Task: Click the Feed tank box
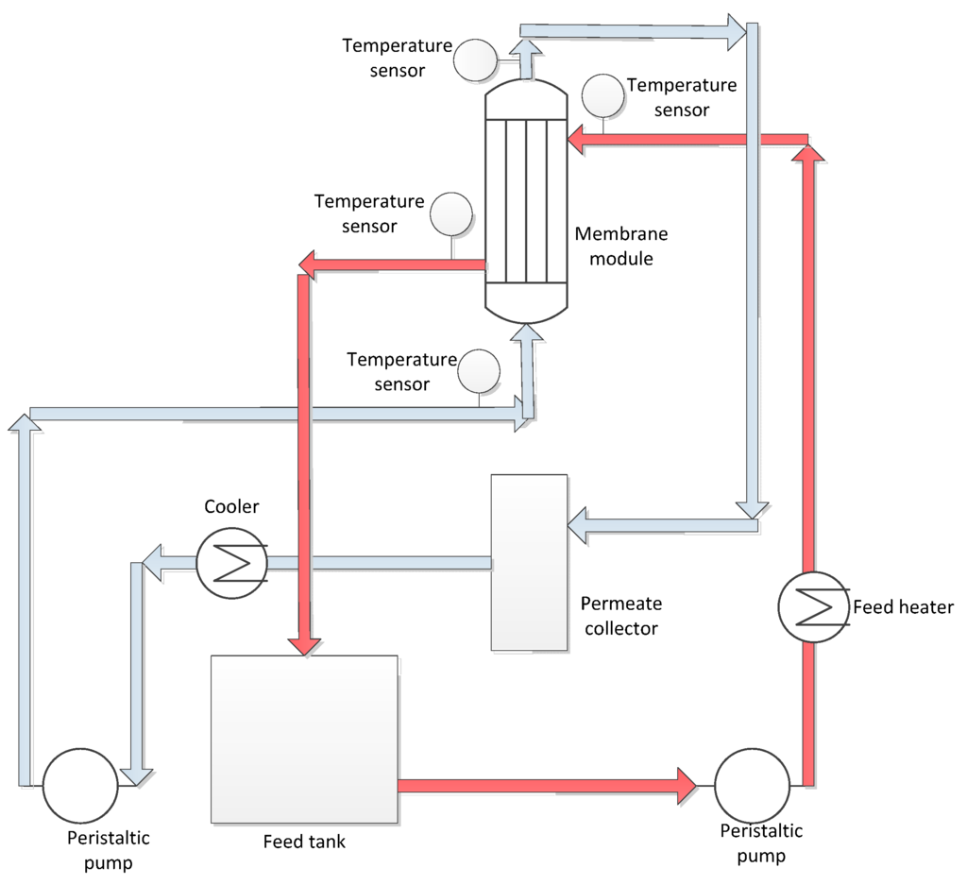(303, 738)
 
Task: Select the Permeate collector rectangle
(530, 562)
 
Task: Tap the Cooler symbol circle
(232, 563)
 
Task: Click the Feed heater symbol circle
(812, 607)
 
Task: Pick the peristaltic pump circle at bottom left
(80, 785)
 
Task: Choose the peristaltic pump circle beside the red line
(752, 785)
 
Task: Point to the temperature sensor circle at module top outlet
(475, 60)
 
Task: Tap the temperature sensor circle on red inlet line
(602, 94)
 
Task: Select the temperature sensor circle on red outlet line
(450, 213)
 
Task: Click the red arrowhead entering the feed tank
(304, 644)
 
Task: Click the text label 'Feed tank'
(304, 842)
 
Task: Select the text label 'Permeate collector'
(620, 615)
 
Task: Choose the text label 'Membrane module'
(614, 246)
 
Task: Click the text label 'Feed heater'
(903, 607)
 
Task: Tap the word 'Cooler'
(231, 507)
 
